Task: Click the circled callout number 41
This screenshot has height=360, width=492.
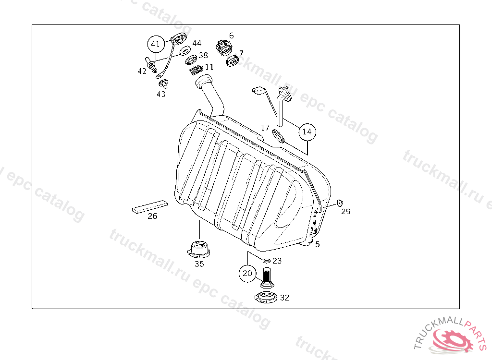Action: tap(156, 44)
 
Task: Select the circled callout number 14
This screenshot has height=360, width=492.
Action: tap(307, 132)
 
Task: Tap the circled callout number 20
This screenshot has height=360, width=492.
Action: tap(247, 274)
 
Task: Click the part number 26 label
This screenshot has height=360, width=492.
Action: tap(152, 216)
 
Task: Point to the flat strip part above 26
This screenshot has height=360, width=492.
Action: tap(150, 207)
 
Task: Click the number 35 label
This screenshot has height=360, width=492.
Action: tap(199, 264)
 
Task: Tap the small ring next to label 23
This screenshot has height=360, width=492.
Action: tap(267, 261)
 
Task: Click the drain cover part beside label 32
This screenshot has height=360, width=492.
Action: tap(266, 297)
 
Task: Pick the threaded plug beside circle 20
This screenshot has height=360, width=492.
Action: tap(267, 277)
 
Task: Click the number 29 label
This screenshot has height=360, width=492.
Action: tap(346, 212)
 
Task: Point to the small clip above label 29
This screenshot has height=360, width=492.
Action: tap(340, 203)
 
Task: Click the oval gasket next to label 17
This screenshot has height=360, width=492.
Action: tap(279, 136)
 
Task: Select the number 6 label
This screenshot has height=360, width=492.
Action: tap(231, 36)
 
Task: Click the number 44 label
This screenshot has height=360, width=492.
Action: tap(197, 43)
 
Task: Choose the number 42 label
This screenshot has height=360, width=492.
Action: tap(142, 71)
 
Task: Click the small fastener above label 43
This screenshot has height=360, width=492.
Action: tap(163, 84)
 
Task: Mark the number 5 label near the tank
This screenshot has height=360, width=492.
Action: tap(318, 244)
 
